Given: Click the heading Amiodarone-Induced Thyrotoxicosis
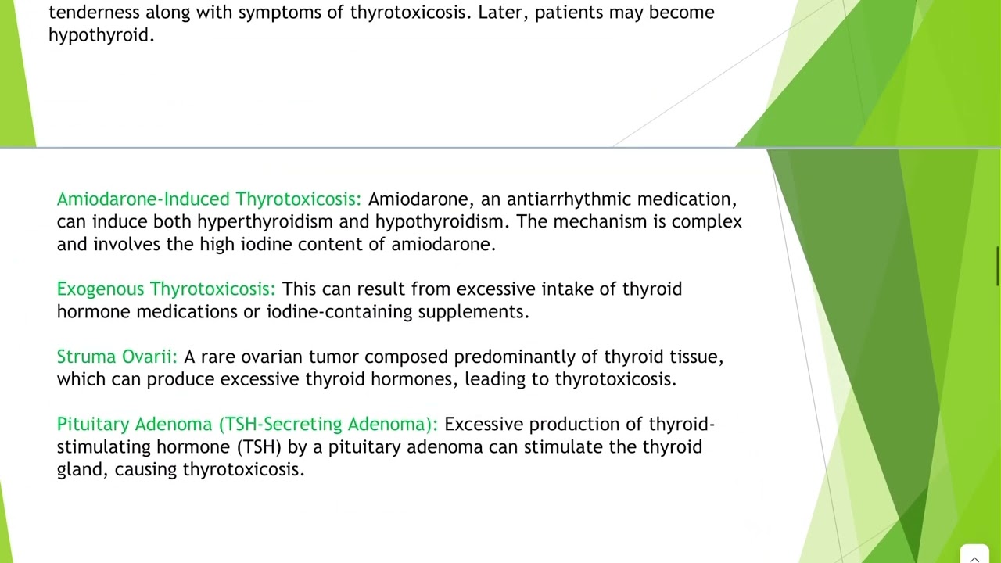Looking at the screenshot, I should click(x=209, y=199).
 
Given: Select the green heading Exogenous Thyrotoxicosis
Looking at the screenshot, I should click(x=166, y=289).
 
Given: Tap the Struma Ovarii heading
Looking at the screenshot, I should click(x=117, y=357).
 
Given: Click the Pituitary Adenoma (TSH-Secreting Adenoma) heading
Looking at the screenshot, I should click(x=247, y=425).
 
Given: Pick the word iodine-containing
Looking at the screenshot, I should click(x=339, y=312).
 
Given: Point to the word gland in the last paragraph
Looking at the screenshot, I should click(x=82, y=470).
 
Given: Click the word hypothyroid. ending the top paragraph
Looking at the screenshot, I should click(x=101, y=35).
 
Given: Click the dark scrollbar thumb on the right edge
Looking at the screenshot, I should click(x=997, y=267).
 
